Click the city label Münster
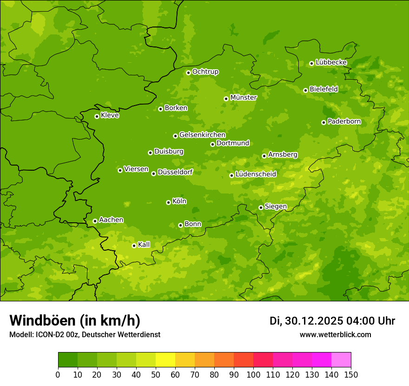tap(243, 98)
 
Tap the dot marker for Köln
tap(168, 202)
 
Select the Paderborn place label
tap(344, 121)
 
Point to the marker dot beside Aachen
tap(95, 221)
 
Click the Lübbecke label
tap(331, 62)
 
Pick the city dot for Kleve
tap(97, 116)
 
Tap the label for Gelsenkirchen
tap(202, 135)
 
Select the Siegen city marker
tap(261, 207)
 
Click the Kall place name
tap(144, 245)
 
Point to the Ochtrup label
tap(205, 72)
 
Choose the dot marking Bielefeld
tap(305, 90)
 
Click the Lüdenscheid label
tap(256, 174)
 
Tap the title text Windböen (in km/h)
tap(74, 320)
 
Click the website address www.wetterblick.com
tap(335, 334)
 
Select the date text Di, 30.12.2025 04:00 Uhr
tap(332, 321)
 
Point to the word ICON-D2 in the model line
tap(50, 334)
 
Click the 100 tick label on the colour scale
tap(253, 374)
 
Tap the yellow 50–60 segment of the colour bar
tap(165, 360)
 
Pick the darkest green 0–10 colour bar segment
tap(67, 360)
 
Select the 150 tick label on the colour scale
tap(351, 374)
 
